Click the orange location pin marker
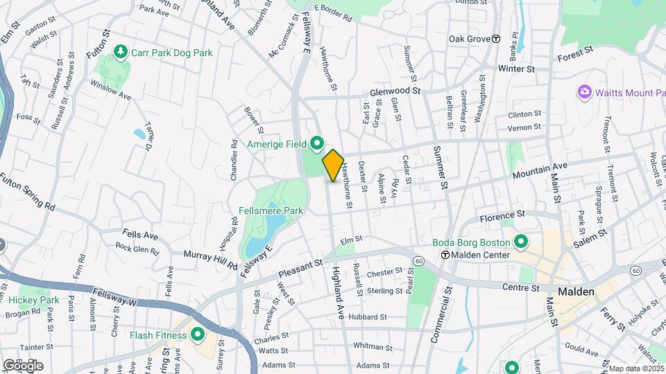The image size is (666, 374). coord(333,166)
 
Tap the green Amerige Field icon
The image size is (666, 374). coord(318,144)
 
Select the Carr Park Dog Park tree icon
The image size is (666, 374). coord(121,52)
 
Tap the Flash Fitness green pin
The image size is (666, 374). coord(198,336)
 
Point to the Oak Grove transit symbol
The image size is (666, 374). coord(496,39)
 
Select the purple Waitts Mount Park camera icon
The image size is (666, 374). coord(585,92)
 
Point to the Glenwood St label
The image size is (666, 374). coord(395,91)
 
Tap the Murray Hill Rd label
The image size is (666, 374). coord(210,258)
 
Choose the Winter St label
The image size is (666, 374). coord(517,69)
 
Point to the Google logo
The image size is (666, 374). coord(23,365)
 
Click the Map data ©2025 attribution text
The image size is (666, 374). coord(636,368)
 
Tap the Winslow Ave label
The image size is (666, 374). coord(111,90)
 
